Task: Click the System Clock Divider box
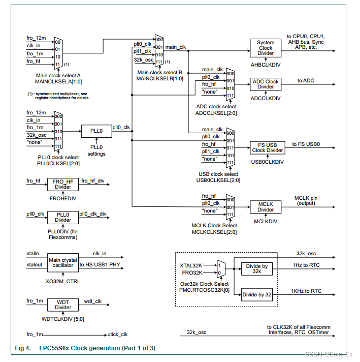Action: pyautogui.click(x=266, y=48)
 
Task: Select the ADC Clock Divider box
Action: pyautogui.click(x=266, y=84)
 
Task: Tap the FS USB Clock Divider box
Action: pyautogui.click(x=267, y=148)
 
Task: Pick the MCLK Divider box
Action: pyautogui.click(x=266, y=207)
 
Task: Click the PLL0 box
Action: pyautogui.click(x=96, y=131)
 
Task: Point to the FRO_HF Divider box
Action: pyautogui.click(x=63, y=185)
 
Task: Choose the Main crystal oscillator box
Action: pyautogui.click(x=63, y=263)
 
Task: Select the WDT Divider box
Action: pyautogui.click(x=63, y=305)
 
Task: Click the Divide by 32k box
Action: pyautogui.click(x=257, y=269)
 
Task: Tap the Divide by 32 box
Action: pyautogui.click(x=257, y=294)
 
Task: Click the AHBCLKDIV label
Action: pyautogui.click(x=266, y=65)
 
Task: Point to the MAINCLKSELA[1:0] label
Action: pyautogui.click(x=58, y=81)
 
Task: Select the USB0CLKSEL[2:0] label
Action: pyautogui.click(x=218, y=180)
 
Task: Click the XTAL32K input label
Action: pyautogui.click(x=191, y=265)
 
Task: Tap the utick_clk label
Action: pyautogui.click(x=117, y=335)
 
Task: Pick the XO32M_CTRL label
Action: pyautogui.click(x=63, y=282)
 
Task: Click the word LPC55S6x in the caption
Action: pyautogui.click(x=54, y=348)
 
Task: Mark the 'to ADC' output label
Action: pyautogui.click(x=306, y=80)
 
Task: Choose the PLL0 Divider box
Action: pyautogui.click(x=63, y=218)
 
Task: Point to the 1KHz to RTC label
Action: pyautogui.click(x=306, y=291)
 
